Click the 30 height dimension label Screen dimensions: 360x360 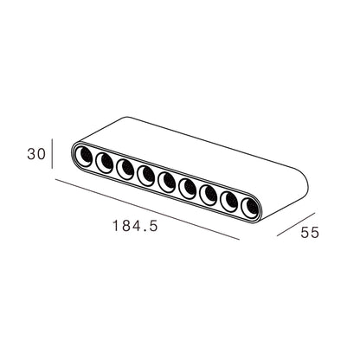[x=36, y=154]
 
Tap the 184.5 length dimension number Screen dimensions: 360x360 [x=135, y=226]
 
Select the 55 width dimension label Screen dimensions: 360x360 [x=310, y=233]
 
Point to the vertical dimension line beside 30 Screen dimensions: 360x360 [x=52, y=153]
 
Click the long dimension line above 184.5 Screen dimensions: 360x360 [x=147, y=209]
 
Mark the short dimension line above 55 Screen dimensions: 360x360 [x=296, y=224]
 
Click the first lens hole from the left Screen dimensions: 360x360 [x=84, y=157]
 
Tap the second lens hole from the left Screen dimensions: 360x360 [x=104, y=163]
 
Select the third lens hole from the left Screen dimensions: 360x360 [x=125, y=170]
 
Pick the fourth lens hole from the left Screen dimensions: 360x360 [x=146, y=176]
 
